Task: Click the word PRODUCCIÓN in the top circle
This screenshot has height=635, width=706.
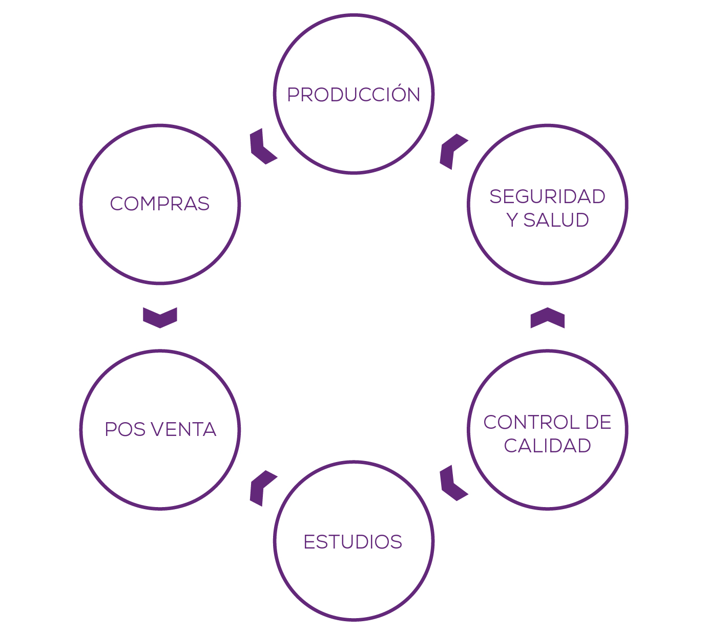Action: pyautogui.click(x=354, y=95)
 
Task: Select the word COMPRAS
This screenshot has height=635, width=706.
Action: pyautogui.click(x=160, y=204)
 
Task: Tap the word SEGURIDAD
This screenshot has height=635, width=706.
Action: pyautogui.click(x=547, y=196)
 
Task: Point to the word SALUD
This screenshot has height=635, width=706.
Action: pyautogui.click(x=556, y=220)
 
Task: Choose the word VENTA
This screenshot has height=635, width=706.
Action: pyautogui.click(x=183, y=429)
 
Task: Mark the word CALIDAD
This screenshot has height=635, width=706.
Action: pyautogui.click(x=547, y=446)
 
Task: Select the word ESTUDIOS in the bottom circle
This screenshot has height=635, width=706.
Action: pyautogui.click(x=353, y=542)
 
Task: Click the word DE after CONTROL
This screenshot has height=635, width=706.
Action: pyautogui.click(x=598, y=423)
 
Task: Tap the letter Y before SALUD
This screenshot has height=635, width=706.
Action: pyautogui.click(x=512, y=220)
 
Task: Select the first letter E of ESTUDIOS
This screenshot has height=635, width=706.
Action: pyautogui.click(x=308, y=542)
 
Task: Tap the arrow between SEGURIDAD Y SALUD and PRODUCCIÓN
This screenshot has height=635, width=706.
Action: pyautogui.click(x=452, y=151)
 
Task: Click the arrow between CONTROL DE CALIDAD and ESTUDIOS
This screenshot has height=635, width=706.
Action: pyautogui.click(x=452, y=483)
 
